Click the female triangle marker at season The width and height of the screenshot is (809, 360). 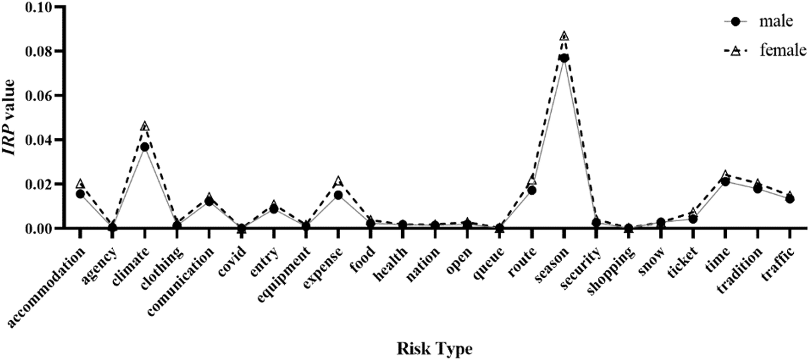pyautogui.click(x=564, y=36)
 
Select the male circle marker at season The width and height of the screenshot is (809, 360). pyautogui.click(x=564, y=58)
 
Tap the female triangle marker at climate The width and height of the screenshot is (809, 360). pyautogui.click(x=145, y=126)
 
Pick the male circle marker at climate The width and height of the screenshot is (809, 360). pyautogui.click(x=145, y=146)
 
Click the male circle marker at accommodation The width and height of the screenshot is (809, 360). pyautogui.click(x=80, y=194)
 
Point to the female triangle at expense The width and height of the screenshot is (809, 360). pyautogui.click(x=338, y=181)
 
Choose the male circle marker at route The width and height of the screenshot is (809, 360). pyautogui.click(x=532, y=190)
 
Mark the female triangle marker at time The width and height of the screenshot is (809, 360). pyautogui.click(x=725, y=175)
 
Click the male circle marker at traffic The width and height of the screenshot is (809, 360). pyautogui.click(x=790, y=199)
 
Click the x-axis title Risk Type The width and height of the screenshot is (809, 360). pyautogui.click(x=435, y=349)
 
